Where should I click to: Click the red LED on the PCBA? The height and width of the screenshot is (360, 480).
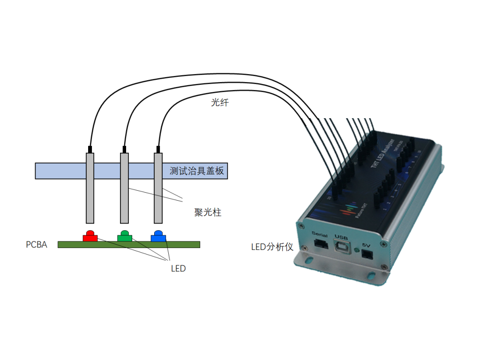pyautogui.click(x=90, y=236)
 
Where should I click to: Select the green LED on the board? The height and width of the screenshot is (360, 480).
pyautogui.click(x=124, y=236)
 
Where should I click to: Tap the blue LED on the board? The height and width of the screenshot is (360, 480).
pyautogui.click(x=158, y=236)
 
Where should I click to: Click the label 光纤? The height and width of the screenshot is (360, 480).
pyautogui.click(x=220, y=103)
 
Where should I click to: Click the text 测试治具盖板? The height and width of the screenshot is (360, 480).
pyautogui.click(x=197, y=171)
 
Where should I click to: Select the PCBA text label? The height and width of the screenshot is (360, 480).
pyautogui.click(x=37, y=245)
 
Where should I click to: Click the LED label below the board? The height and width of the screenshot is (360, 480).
pyautogui.click(x=178, y=269)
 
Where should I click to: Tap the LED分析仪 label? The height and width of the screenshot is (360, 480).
pyautogui.click(x=272, y=247)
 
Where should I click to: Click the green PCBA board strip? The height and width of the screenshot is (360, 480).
pyautogui.click(x=70, y=245)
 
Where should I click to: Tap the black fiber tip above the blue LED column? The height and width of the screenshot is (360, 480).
pyautogui.click(x=158, y=150)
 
